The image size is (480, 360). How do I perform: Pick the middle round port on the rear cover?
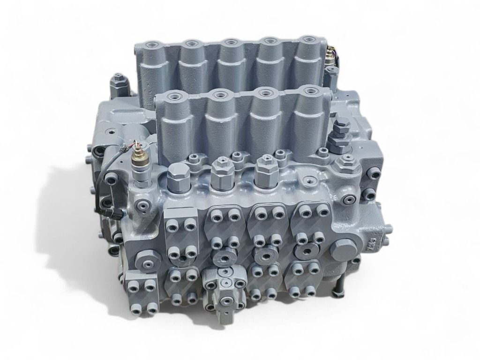coord(229,43)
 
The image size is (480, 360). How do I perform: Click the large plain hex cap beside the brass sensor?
coord(178,175)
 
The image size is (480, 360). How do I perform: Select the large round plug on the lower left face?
coord(143,257)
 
